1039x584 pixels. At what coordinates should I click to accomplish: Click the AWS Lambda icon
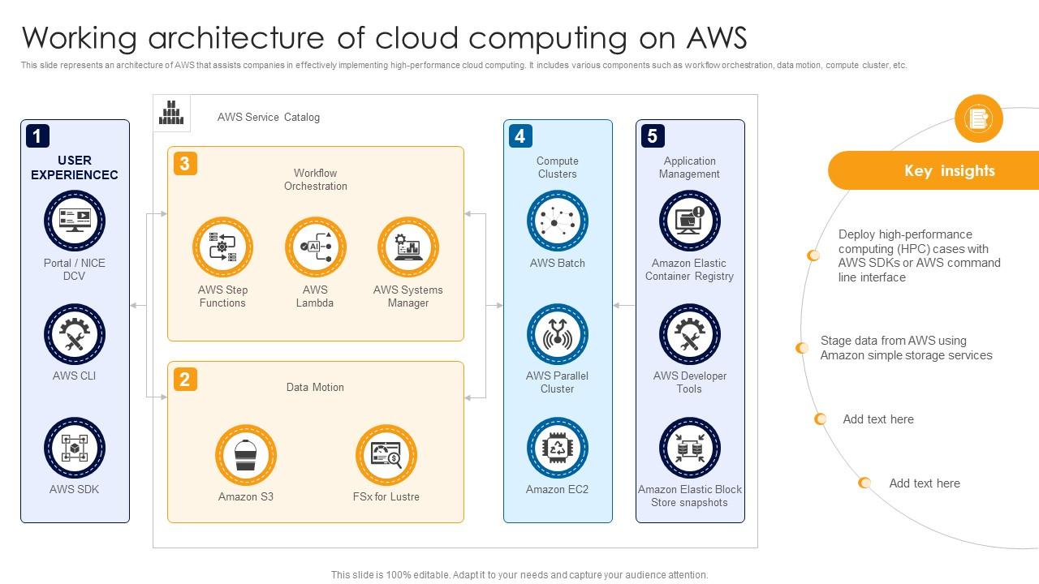click(x=315, y=247)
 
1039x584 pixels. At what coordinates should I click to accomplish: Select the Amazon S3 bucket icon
click(x=245, y=455)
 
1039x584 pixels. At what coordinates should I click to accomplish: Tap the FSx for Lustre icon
click(x=386, y=455)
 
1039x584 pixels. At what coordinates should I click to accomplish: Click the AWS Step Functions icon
click(x=222, y=247)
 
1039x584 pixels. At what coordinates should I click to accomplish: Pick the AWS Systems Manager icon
click(x=407, y=247)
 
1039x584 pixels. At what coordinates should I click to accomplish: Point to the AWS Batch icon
click(x=557, y=221)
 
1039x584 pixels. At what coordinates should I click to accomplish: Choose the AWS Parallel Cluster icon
click(x=557, y=334)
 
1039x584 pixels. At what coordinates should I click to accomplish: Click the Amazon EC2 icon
click(x=557, y=448)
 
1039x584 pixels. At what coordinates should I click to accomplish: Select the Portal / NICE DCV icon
click(x=75, y=221)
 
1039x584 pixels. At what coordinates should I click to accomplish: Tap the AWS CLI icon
click(x=75, y=334)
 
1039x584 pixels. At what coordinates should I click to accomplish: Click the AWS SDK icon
click(x=75, y=448)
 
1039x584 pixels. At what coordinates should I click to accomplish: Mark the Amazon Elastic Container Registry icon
click(x=689, y=221)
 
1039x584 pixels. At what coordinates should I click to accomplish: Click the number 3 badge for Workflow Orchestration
click(x=184, y=164)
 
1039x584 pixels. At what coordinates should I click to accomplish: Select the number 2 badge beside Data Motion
click(x=184, y=379)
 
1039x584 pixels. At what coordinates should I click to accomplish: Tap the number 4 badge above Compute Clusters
click(x=519, y=135)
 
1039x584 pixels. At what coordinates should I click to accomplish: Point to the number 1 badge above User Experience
click(x=37, y=135)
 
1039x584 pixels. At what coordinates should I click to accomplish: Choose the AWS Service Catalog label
click(x=268, y=118)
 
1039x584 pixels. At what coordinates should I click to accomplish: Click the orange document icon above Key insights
click(x=978, y=119)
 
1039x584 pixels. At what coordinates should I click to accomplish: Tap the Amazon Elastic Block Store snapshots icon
click(x=689, y=448)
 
